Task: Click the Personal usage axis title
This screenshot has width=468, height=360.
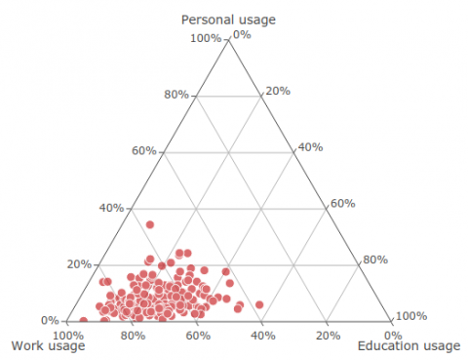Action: pos(228,20)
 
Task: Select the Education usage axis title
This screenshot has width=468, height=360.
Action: pos(409,346)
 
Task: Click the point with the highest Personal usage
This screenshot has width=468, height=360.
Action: pos(150,225)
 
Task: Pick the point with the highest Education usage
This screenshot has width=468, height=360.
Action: pos(259,305)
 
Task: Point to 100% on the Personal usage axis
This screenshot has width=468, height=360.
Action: pos(207,39)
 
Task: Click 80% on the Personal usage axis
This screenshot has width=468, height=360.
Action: pos(175,95)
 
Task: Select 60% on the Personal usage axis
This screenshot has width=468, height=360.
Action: pos(143,151)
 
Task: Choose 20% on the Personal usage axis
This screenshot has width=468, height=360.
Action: pos(79,264)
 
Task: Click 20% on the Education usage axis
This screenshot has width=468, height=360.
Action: pos(278,91)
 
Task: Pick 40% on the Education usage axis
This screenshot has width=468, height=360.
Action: pos(310,147)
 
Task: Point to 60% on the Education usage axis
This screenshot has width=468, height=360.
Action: pos(342,204)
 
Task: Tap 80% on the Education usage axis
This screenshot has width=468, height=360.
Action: pos(375,260)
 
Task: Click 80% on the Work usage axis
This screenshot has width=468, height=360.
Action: pos(134,336)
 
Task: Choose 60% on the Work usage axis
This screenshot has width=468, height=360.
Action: pos(198,336)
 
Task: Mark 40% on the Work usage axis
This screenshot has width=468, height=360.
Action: pos(262,336)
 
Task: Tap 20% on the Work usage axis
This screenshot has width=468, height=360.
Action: pos(328,336)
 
